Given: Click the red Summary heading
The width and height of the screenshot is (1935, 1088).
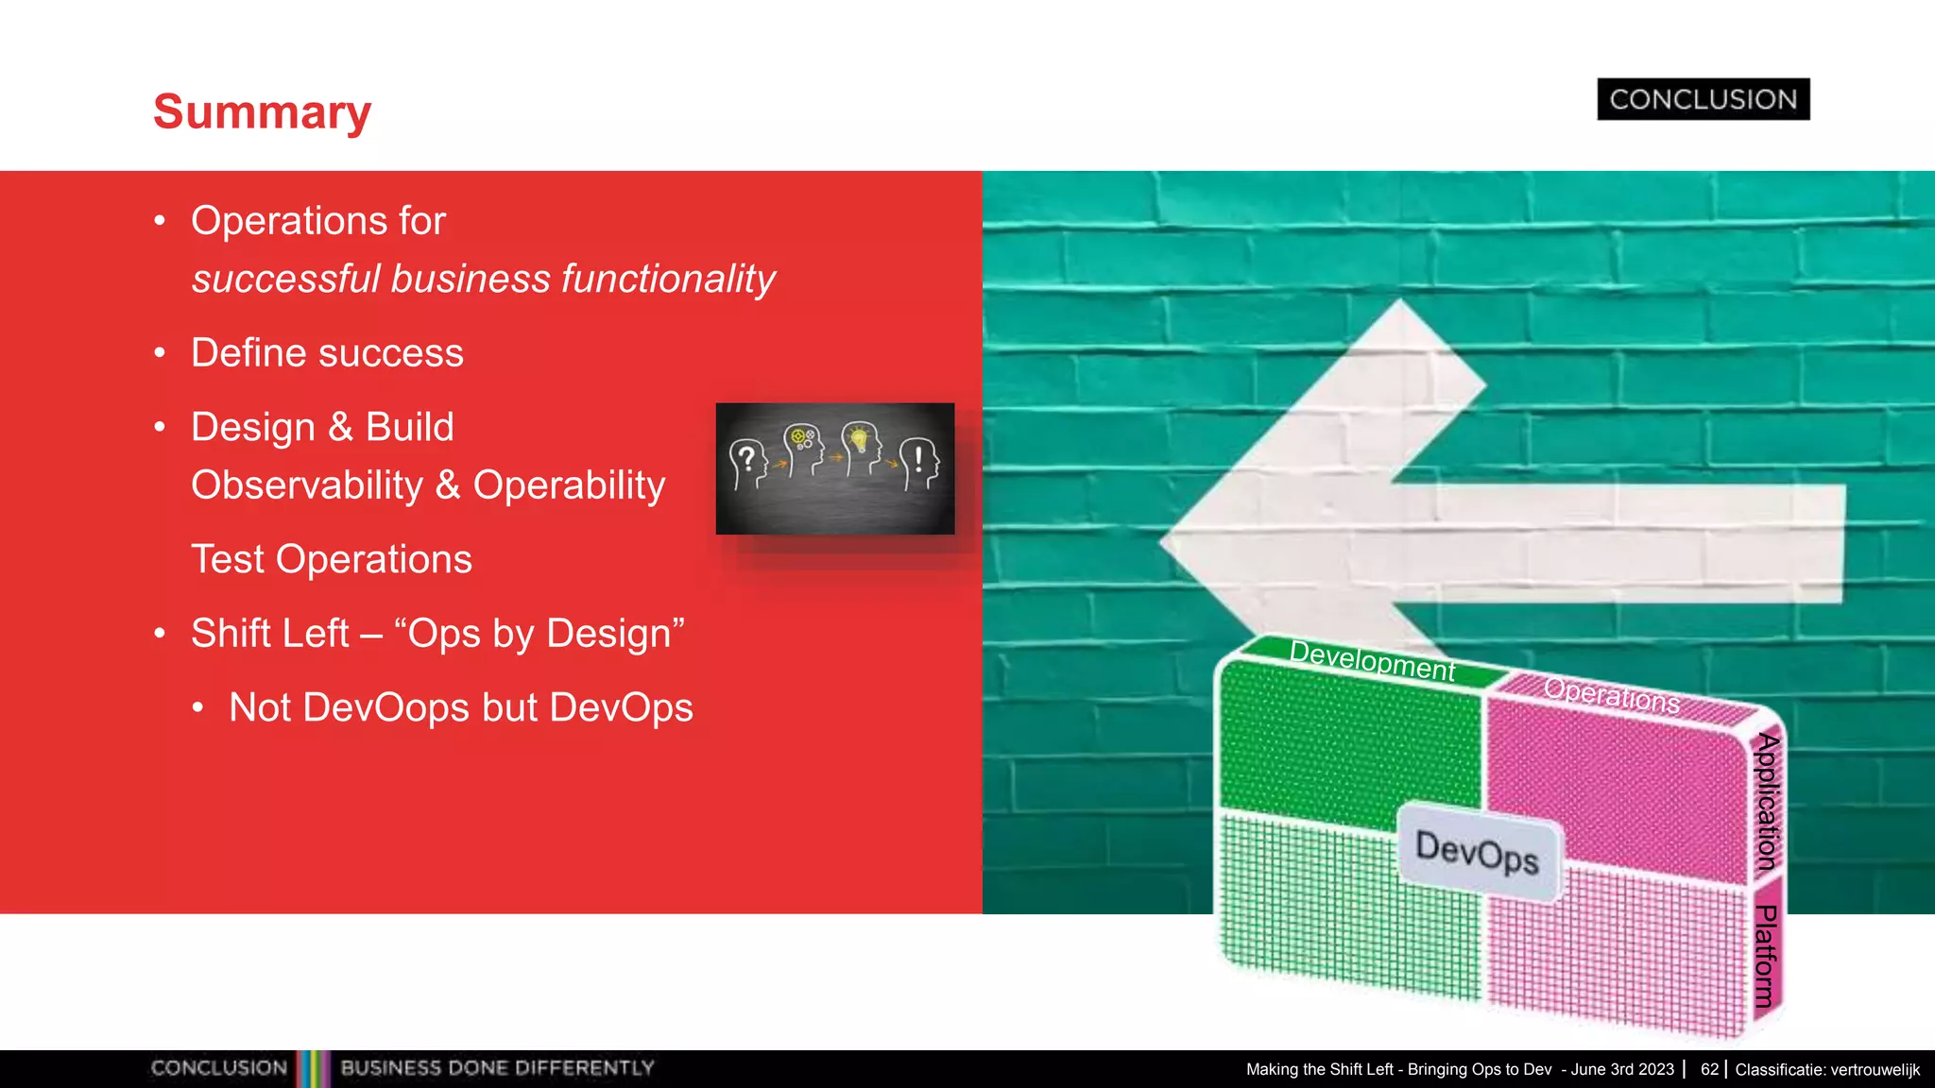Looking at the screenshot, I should pyautogui.click(x=262, y=112).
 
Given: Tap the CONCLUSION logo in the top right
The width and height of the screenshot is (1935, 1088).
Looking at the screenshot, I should pyautogui.click(x=1703, y=99).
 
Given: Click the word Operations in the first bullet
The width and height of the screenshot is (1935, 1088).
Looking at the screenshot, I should pyautogui.click(x=289, y=221).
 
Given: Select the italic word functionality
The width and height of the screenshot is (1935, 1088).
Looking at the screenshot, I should pyautogui.click(x=668, y=280).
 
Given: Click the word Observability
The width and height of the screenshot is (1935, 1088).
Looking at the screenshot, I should pyautogui.click(x=307, y=485).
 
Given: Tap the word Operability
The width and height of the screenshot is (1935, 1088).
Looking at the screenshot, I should pyautogui.click(x=569, y=485).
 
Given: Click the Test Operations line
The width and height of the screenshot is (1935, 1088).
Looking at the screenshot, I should pyautogui.click(x=331, y=559).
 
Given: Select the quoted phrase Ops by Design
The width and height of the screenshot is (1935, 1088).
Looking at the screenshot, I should pyautogui.click(x=539, y=634).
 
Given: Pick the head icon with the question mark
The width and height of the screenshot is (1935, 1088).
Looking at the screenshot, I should pyautogui.click(x=747, y=464).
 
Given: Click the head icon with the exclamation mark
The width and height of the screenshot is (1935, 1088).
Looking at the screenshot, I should pyautogui.click(x=919, y=464).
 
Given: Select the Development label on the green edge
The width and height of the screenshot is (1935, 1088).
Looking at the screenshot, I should pyautogui.click(x=1372, y=661).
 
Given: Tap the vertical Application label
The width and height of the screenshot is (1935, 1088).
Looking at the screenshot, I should pyautogui.click(x=1767, y=801).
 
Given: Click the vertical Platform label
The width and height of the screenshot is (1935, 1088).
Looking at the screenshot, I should pyautogui.click(x=1765, y=956).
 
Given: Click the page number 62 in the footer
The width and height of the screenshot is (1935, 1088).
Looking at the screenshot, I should pyautogui.click(x=1709, y=1069).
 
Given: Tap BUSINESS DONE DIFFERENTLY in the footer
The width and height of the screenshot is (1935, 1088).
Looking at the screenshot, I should pyautogui.click(x=497, y=1068).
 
